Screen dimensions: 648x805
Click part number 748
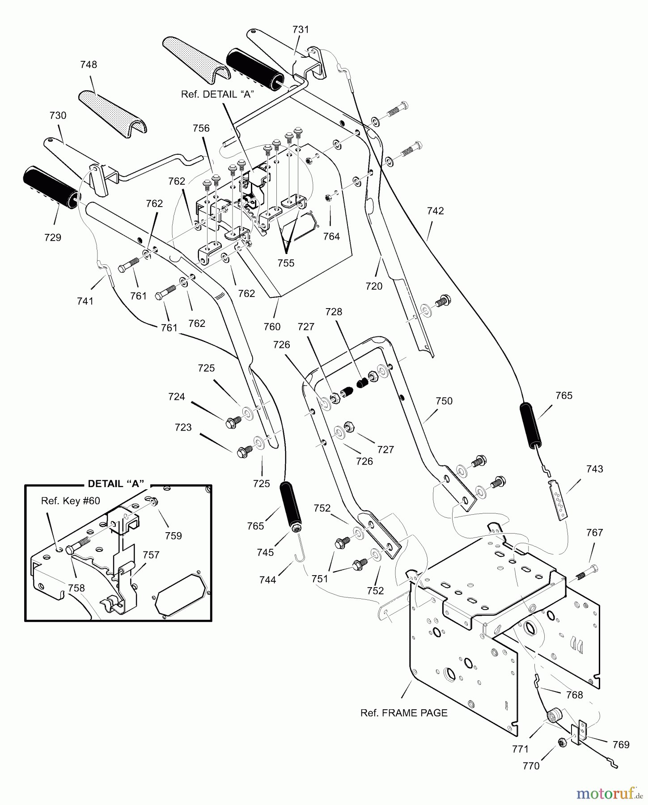[89, 64]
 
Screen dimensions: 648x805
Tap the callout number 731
[301, 30]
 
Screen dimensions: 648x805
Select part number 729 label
[53, 237]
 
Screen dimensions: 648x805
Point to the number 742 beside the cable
[436, 211]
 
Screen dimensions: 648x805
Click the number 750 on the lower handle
[444, 401]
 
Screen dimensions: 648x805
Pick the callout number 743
[594, 469]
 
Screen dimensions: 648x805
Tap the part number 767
[594, 533]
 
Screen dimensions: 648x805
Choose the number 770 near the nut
[531, 766]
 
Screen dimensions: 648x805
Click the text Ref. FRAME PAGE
[404, 713]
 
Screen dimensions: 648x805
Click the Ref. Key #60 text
[71, 500]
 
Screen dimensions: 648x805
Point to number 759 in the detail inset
[174, 536]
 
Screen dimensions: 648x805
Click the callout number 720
[374, 286]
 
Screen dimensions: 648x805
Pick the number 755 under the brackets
[286, 263]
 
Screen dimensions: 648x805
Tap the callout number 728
[334, 312]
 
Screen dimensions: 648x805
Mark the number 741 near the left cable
[85, 301]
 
